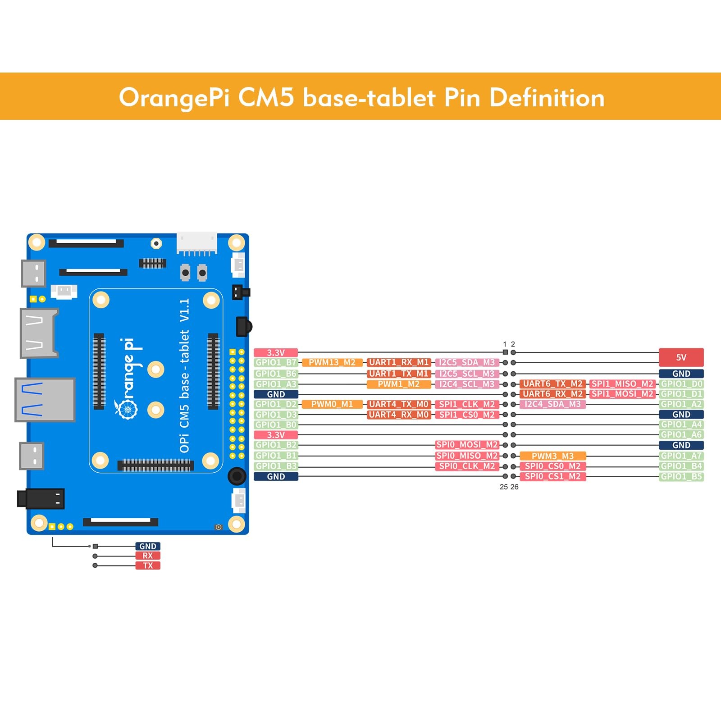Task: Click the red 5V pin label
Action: click(x=681, y=357)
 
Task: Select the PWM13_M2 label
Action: click(x=332, y=362)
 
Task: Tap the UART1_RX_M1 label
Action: click(x=398, y=362)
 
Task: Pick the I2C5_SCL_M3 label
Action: click(x=467, y=374)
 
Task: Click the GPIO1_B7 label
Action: click(x=276, y=362)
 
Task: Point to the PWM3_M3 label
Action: click(x=552, y=456)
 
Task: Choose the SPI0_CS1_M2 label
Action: click(x=552, y=476)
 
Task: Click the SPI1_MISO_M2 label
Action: click(x=622, y=384)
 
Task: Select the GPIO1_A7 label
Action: click(x=681, y=456)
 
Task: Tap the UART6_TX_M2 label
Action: click(x=552, y=384)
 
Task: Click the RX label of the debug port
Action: click(x=148, y=556)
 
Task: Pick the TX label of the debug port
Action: click(x=148, y=566)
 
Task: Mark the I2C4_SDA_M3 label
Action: click(x=552, y=404)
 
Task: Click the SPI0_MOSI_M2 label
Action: click(x=467, y=445)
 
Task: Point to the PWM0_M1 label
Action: click(x=332, y=404)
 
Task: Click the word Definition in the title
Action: click(x=547, y=98)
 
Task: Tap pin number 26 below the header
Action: click(x=515, y=487)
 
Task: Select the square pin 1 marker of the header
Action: click(x=505, y=352)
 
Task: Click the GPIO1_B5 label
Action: click(x=681, y=476)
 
